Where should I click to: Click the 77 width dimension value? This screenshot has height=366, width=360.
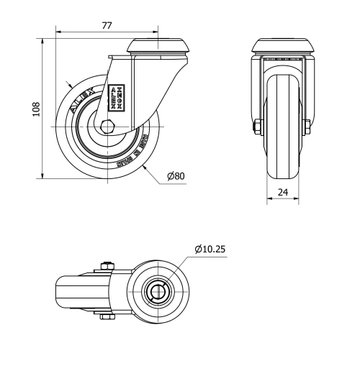pos(107,25)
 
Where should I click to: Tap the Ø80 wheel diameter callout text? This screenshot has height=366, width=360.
pos(176,176)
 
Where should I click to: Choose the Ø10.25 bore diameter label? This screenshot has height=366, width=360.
pos(210,250)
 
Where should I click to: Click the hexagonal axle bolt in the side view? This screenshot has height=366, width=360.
pos(107,128)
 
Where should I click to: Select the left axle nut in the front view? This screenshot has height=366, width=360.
pos(257,128)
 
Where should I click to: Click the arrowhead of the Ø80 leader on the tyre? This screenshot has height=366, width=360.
pos(144,165)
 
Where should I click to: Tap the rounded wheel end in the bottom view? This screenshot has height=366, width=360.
pos(60,291)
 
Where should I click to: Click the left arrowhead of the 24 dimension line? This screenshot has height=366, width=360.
pos(270,200)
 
